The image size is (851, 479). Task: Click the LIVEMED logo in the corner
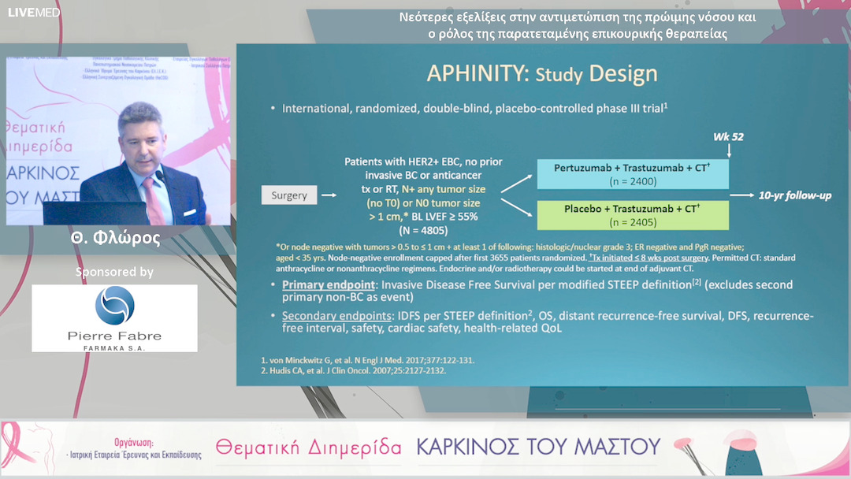point(22,12)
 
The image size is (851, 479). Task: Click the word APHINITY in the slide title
point(478,73)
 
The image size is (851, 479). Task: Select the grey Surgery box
point(289,195)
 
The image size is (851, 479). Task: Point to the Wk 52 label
point(728,137)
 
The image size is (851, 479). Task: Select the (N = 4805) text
point(423,231)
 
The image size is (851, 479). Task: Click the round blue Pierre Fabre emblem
point(114,306)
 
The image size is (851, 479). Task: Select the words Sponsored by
point(114,272)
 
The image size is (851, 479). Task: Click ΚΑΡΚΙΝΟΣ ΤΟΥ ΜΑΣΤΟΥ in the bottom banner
point(538,447)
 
